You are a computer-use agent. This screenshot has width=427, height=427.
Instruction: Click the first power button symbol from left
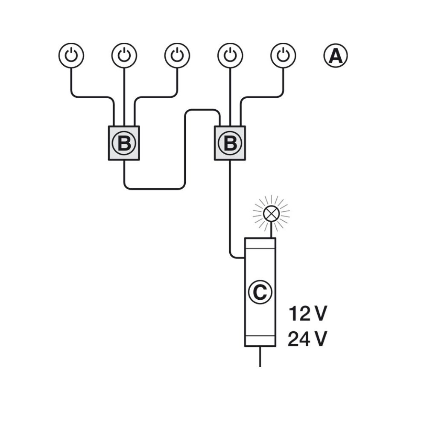pos(71,56)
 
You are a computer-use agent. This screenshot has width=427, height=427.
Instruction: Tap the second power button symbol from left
pos(124,56)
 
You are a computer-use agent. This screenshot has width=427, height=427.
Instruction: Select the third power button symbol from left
pos(177,56)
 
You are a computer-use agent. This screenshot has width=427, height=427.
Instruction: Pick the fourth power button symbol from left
pos(230,56)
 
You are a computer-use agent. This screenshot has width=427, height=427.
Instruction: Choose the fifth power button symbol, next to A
pos(283,56)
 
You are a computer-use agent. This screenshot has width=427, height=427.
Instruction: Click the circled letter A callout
pos(336,56)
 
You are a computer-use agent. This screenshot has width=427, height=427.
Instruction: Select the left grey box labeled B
pos(124,143)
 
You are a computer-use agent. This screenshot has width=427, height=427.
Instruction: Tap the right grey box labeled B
pos(230,143)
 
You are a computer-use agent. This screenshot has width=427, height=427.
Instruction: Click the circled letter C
pos(260,292)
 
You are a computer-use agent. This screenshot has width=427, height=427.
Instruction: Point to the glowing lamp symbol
pos(271,213)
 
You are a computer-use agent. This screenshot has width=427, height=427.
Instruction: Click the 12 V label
pos(307,314)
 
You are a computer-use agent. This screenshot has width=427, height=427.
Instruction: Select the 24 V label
pos(307,339)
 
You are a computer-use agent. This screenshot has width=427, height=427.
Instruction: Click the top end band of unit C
pos(260,243)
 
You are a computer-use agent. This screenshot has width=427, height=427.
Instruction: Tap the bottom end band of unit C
pos(260,340)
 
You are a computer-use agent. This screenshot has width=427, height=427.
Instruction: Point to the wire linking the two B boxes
pos(184,149)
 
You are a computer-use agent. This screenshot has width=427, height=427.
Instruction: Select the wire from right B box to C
pos(230,205)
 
